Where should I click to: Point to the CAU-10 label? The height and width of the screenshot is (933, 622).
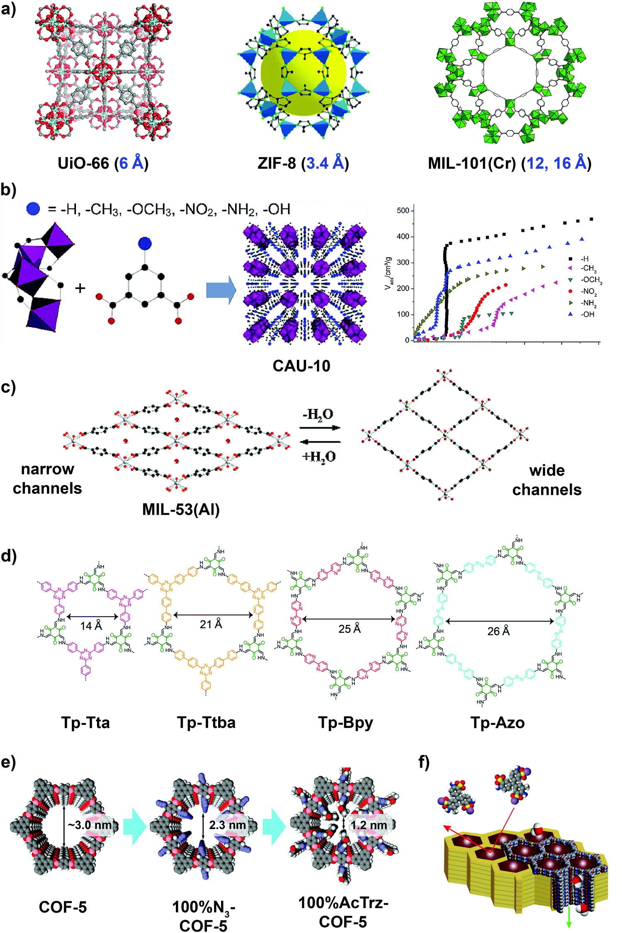[301, 366]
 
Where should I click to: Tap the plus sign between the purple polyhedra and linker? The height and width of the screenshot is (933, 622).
[80, 288]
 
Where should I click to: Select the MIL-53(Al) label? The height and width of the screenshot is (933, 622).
[181, 509]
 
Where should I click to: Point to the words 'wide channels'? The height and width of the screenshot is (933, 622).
[547, 480]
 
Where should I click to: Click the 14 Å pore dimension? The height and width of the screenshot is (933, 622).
[91, 625]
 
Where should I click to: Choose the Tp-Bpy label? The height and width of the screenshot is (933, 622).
[345, 723]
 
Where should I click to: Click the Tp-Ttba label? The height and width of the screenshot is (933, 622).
[206, 723]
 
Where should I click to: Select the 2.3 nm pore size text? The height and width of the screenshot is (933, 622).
[227, 825]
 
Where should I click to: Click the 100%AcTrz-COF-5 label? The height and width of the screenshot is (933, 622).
[343, 912]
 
